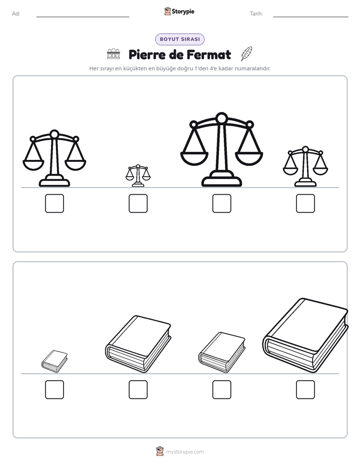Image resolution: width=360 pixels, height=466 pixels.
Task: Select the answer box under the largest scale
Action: [221, 204]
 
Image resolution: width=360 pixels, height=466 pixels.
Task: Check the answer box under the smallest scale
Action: [138, 204]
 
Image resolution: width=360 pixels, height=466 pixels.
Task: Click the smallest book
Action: [54, 361]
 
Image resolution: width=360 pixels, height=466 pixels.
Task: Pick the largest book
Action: [306, 335]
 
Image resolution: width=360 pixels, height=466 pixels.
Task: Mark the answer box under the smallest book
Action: [54, 390]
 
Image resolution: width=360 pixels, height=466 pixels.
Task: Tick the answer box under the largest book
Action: [306, 390]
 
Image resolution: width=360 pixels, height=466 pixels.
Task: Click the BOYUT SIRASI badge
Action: [179, 39]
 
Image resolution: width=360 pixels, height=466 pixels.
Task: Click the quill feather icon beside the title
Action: [246, 53]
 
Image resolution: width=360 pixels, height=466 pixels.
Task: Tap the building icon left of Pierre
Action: [113, 54]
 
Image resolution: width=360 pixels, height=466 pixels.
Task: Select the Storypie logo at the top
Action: [179, 11]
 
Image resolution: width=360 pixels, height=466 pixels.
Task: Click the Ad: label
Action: [16, 14]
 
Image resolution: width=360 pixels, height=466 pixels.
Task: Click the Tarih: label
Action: [256, 14]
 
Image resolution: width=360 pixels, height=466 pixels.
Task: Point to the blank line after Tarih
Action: [311, 17]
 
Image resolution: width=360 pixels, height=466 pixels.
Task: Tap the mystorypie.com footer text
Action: [185, 452]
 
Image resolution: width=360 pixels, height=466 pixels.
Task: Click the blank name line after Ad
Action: [83, 17]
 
